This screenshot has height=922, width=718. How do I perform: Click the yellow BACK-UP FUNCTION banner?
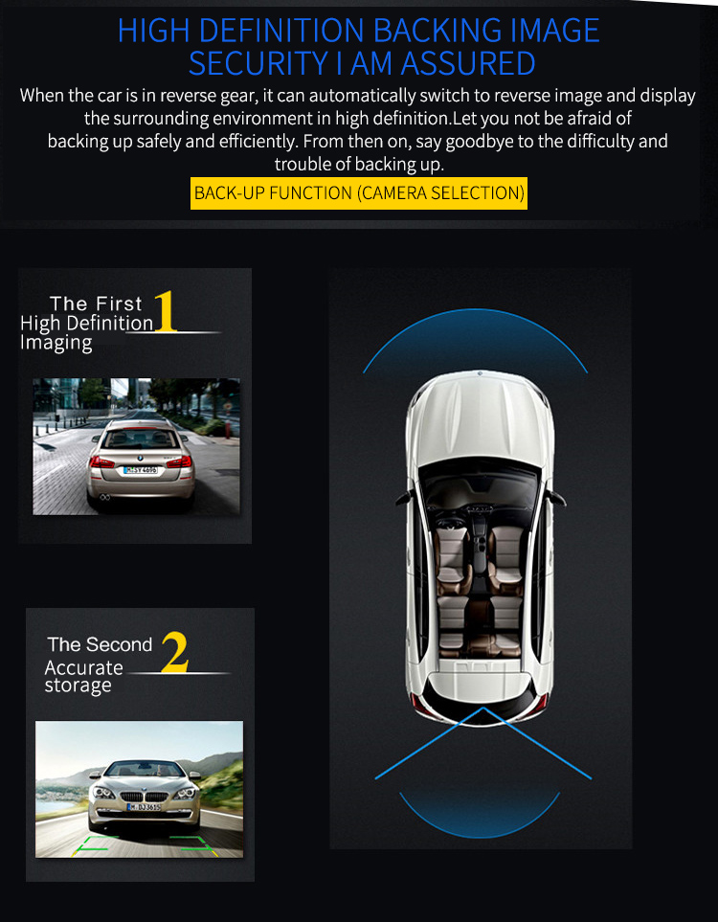pos(359,192)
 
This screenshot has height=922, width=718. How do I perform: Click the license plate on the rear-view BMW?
pos(141,470)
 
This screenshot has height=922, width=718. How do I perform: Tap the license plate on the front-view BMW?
pos(144,807)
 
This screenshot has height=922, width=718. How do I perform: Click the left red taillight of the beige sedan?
pos(102,462)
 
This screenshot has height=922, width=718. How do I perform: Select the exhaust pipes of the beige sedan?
pos(104,498)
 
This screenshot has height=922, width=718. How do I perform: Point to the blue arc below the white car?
pos(480,835)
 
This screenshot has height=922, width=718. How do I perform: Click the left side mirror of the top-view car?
pos(404,499)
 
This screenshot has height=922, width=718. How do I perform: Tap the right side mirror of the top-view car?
pos(557,499)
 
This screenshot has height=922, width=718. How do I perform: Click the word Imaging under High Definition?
pos(56,344)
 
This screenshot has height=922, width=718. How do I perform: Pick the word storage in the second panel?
pos(79,686)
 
